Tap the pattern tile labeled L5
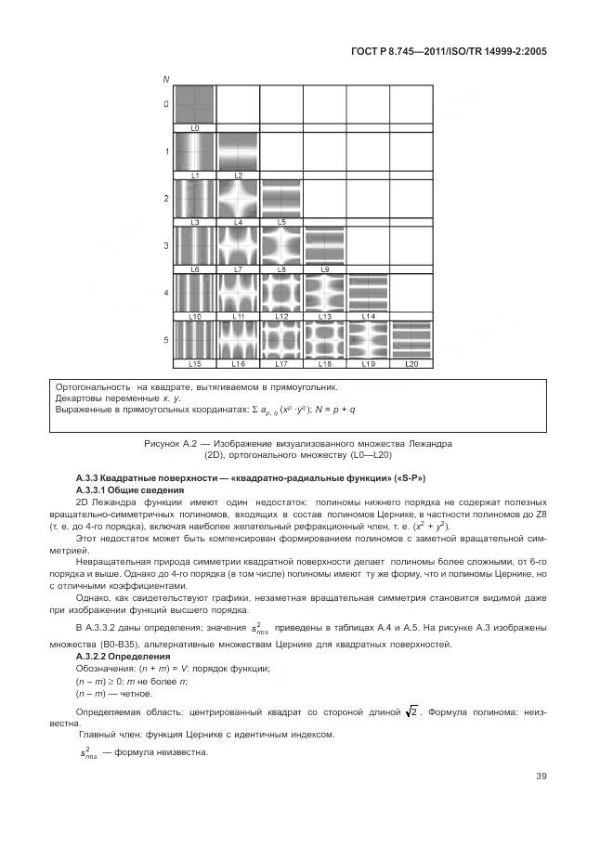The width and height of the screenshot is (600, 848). click(x=281, y=198)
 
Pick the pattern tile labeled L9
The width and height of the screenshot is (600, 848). click(x=325, y=245)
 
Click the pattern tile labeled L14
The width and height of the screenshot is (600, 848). click(x=368, y=293)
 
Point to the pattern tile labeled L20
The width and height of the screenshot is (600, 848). click(x=411, y=340)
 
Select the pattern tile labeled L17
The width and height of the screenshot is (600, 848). click(x=281, y=340)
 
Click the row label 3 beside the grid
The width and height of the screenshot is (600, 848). click(x=166, y=246)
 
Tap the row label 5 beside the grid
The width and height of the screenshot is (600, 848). click(x=166, y=341)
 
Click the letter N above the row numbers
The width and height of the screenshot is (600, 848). click(x=166, y=78)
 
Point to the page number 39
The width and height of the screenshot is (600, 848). click(x=541, y=776)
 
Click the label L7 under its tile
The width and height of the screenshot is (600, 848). click(x=239, y=269)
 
